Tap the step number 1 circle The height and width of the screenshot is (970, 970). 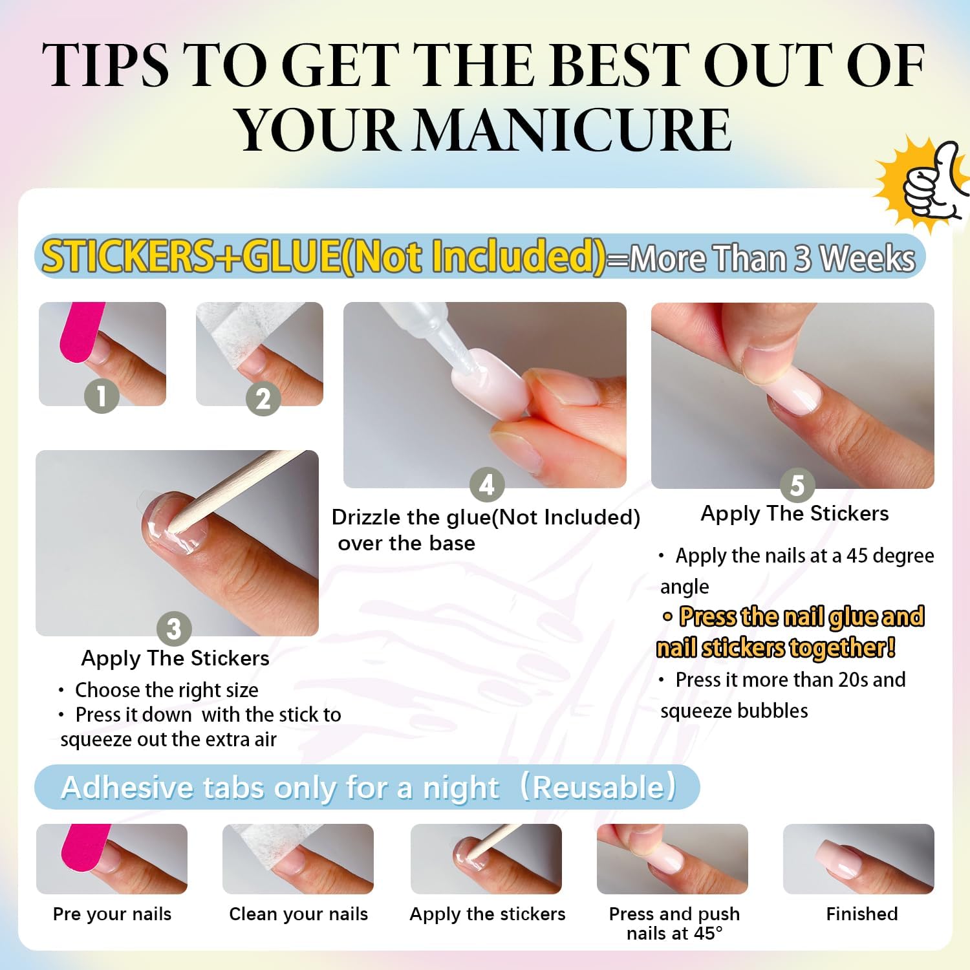102,395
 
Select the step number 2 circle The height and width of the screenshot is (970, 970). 263,398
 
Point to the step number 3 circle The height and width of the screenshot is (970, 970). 173,629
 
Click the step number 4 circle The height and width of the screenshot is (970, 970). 486,484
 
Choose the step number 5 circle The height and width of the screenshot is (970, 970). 797,485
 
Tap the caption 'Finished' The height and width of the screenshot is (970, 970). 861,914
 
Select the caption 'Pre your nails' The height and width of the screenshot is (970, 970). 112,914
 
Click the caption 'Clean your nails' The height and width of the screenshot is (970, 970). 298,914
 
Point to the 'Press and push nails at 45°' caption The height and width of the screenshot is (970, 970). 674,923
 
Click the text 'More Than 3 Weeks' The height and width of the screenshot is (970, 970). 772,259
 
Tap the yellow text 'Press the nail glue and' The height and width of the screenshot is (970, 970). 801,617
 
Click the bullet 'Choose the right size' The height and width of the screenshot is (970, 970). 166,690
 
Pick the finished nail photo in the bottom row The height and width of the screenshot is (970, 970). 858,859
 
